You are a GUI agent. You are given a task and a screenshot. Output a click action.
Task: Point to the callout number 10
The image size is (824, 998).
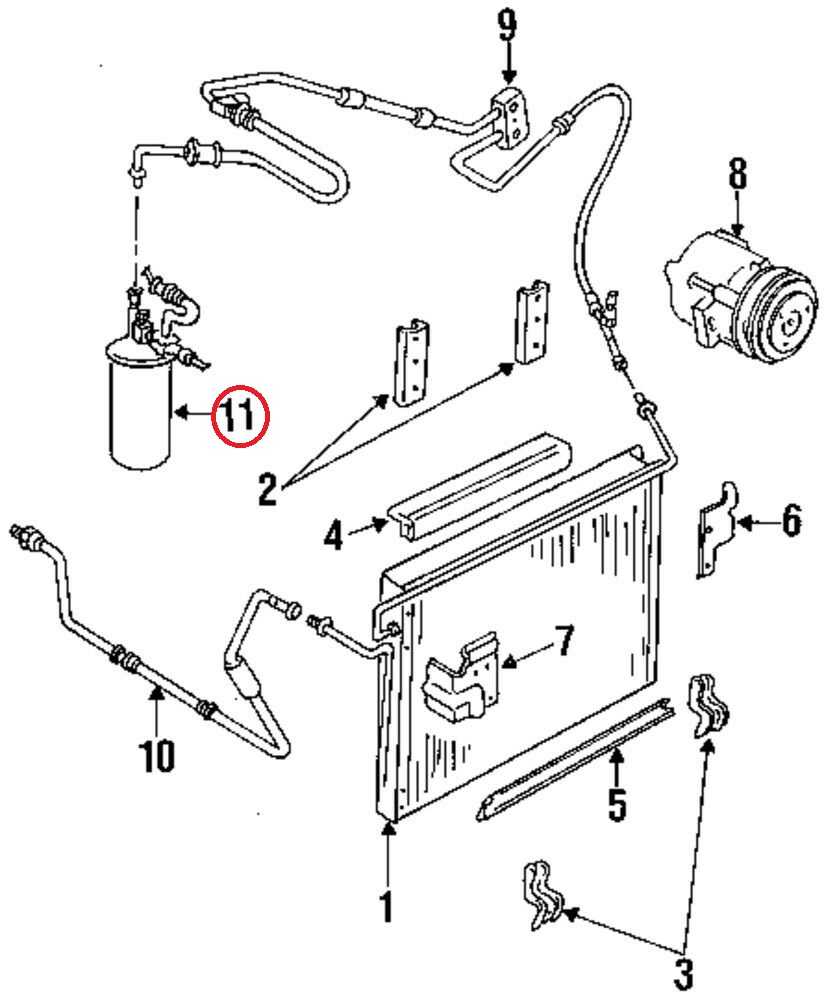coord(157,756)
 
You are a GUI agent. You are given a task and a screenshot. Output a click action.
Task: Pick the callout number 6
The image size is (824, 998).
coord(791,522)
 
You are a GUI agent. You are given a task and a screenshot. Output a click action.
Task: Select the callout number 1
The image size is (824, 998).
coord(386,906)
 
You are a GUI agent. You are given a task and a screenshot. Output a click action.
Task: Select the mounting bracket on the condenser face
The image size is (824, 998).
coord(463,677)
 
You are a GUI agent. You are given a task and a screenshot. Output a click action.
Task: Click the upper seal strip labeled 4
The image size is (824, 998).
coord(480,487)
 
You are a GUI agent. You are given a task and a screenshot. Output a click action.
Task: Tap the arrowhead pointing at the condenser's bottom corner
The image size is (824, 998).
coord(389,827)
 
